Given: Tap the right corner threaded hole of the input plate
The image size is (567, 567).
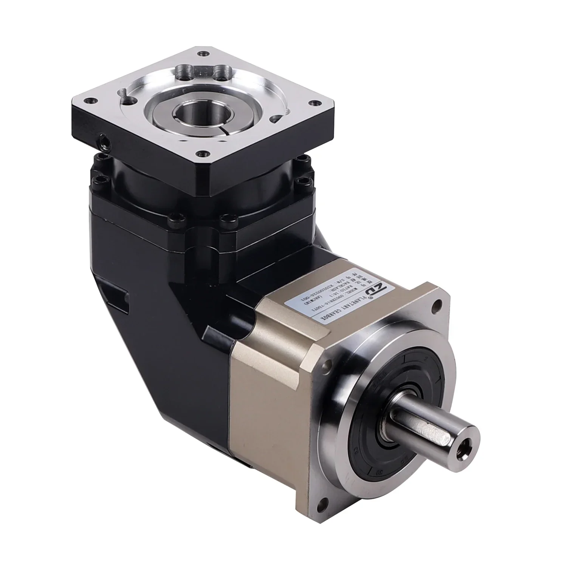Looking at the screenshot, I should coord(313,103).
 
